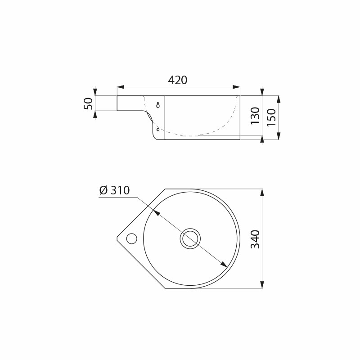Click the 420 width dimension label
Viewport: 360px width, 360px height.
(x=178, y=80)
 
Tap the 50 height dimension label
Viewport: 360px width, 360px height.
(x=88, y=103)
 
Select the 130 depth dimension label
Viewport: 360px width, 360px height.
(x=255, y=116)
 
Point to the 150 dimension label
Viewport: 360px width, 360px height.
(x=271, y=117)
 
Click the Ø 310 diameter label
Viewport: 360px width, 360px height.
(x=115, y=190)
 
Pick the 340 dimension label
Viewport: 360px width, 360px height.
(x=255, y=239)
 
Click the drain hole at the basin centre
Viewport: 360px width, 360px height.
(x=190, y=238)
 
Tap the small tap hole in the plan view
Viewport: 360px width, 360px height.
(x=132, y=238)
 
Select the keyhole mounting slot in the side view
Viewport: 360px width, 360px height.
(x=158, y=105)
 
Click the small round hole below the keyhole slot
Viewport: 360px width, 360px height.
(x=158, y=130)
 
